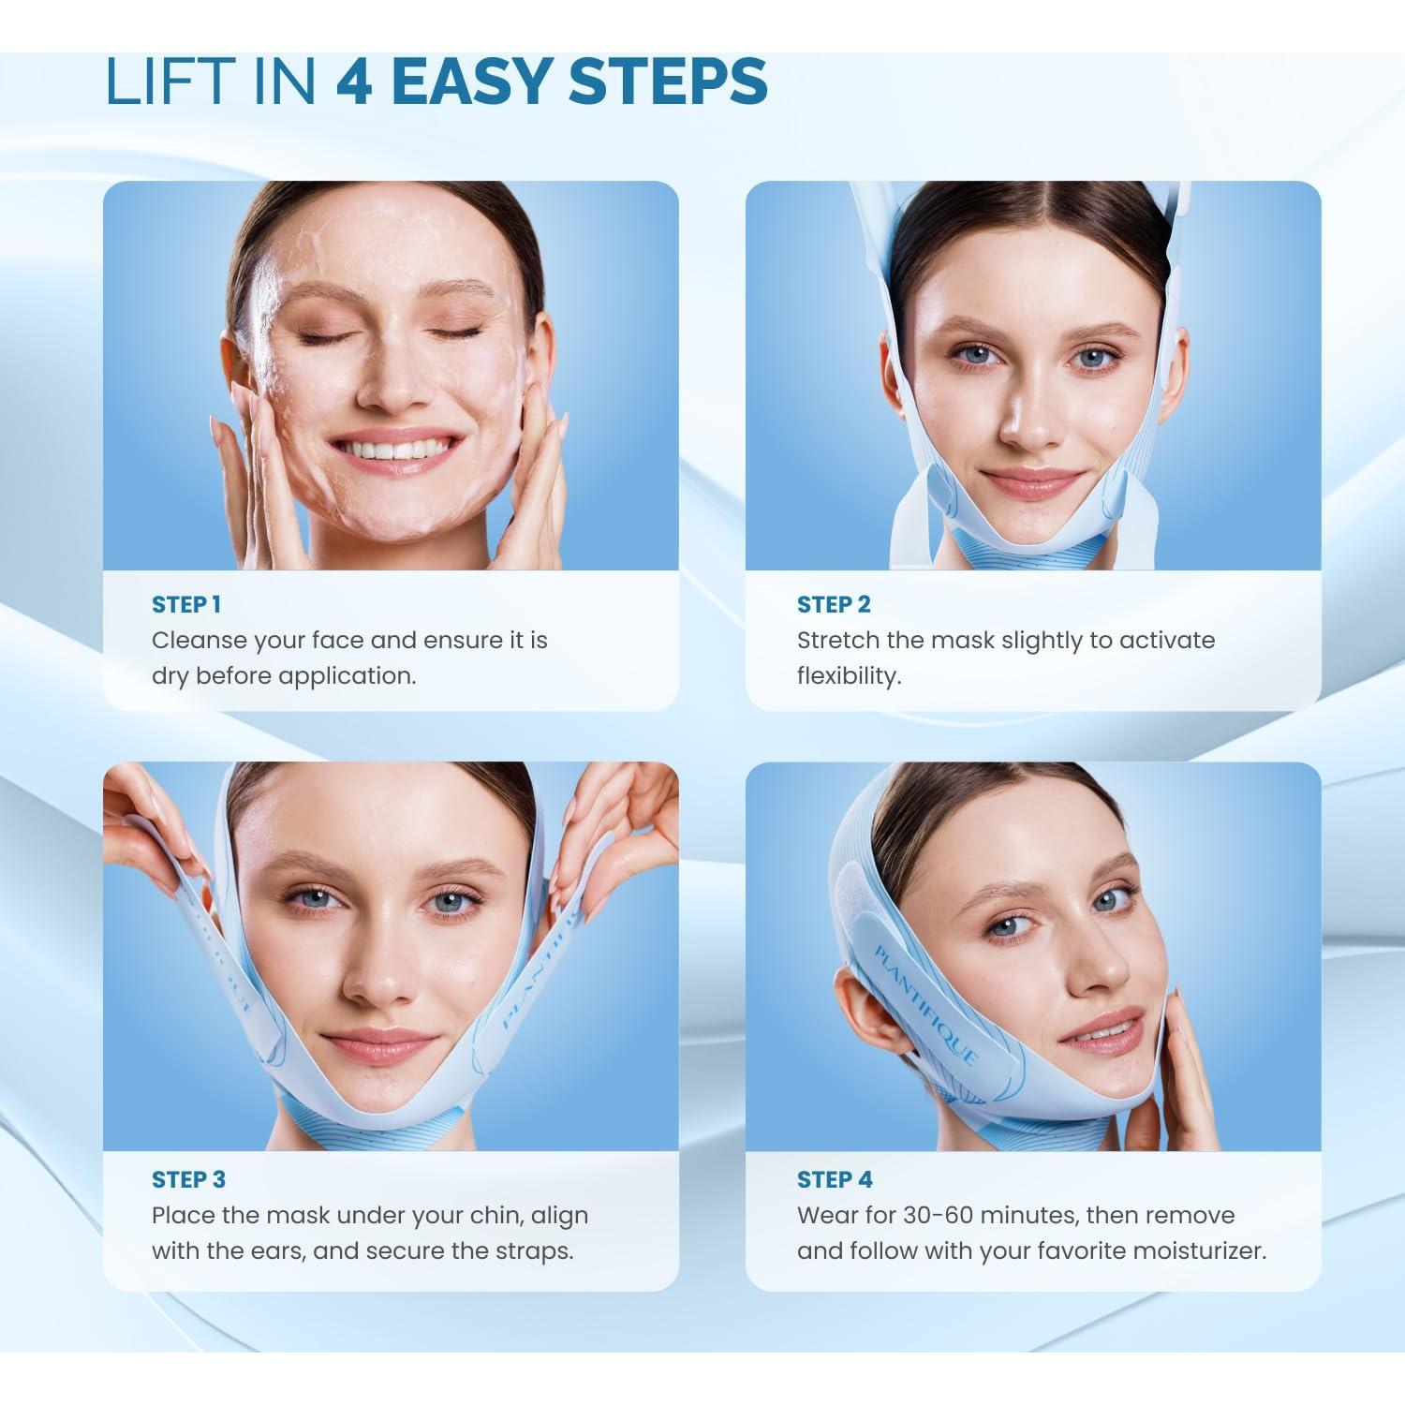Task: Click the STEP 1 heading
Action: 186,605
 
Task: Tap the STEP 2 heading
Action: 834,605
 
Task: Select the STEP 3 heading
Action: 188,1179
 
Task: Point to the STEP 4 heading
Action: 835,1179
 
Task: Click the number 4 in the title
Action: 355,81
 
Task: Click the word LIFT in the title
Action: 169,81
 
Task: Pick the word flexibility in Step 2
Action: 849,676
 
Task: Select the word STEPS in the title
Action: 669,81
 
